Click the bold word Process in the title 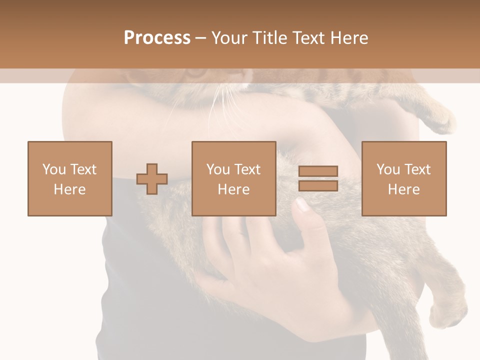pos(157,38)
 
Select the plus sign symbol pos(152,179)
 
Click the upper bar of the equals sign pos(318,171)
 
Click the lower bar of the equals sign pos(318,185)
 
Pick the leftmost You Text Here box pos(70,178)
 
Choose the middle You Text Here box pos(234,178)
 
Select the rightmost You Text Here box pos(404,178)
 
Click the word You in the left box pos(54,169)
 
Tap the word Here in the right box pos(404,189)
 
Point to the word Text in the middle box pos(247,169)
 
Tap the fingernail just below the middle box pos(302,204)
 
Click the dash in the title pos(200,38)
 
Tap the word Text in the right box pos(417,169)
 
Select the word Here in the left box pos(70,189)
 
